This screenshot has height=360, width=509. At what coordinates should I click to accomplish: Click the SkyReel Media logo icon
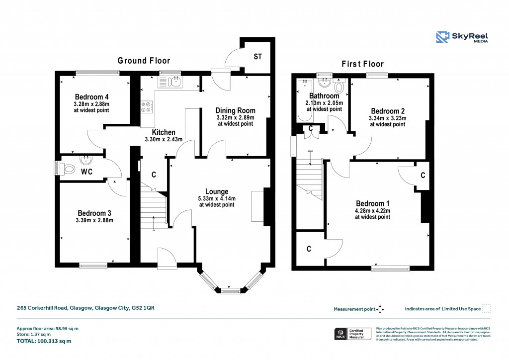[443, 38]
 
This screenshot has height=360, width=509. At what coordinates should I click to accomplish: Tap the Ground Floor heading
[144, 61]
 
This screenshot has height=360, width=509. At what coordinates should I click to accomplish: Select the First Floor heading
[362, 64]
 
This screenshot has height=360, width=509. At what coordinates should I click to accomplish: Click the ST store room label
[257, 57]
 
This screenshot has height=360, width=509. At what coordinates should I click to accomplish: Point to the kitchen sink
[170, 81]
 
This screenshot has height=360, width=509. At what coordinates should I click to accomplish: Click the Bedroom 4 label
[92, 96]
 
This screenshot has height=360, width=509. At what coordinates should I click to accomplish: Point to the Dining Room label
[235, 110]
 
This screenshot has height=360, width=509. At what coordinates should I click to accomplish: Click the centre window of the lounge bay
[230, 291]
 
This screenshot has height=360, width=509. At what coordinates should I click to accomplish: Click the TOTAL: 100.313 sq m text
[44, 341]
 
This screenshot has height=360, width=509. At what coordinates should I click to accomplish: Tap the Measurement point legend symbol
[380, 309]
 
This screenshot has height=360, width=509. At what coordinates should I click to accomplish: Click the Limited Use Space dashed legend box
[487, 308]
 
